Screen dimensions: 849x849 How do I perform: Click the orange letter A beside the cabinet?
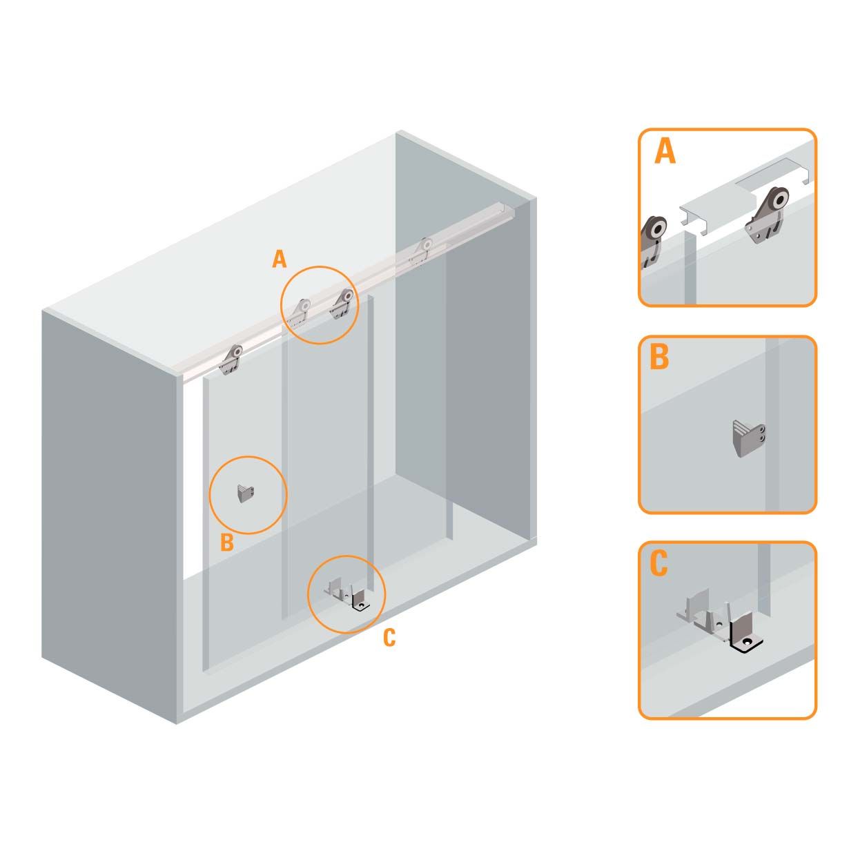[279, 260]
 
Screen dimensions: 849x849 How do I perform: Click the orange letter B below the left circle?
[227, 543]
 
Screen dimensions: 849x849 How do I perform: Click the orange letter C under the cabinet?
[389, 638]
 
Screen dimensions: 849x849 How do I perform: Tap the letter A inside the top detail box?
[665, 151]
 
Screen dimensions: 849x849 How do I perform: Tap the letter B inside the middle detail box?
[659, 358]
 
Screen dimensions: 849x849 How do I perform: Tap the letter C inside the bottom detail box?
[658, 563]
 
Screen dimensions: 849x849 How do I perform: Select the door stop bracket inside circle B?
[246, 493]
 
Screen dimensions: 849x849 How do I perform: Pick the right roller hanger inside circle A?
[342, 304]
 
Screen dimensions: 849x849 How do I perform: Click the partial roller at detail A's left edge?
[652, 239]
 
